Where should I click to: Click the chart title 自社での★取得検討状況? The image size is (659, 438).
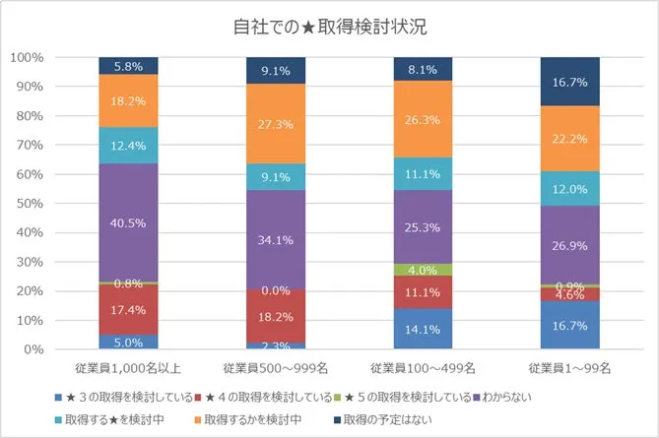click(x=329, y=26)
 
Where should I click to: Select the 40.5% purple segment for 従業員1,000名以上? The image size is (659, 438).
click(x=128, y=222)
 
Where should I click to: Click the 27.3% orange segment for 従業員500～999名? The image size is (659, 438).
click(x=276, y=123)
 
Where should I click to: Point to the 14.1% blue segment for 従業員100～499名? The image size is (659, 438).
click(x=424, y=330)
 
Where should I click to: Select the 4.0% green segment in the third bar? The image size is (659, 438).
click(x=424, y=270)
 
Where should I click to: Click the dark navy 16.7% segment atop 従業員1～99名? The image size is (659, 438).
click(x=570, y=82)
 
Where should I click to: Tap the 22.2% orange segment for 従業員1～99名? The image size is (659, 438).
click(x=570, y=139)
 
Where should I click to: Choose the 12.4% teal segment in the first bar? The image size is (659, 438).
click(x=128, y=145)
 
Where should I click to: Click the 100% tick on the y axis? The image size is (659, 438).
click(x=27, y=58)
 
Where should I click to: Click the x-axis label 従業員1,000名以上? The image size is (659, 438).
click(x=128, y=368)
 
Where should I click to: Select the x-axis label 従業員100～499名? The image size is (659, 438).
click(x=424, y=368)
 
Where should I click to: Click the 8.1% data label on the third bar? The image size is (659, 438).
click(x=424, y=70)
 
